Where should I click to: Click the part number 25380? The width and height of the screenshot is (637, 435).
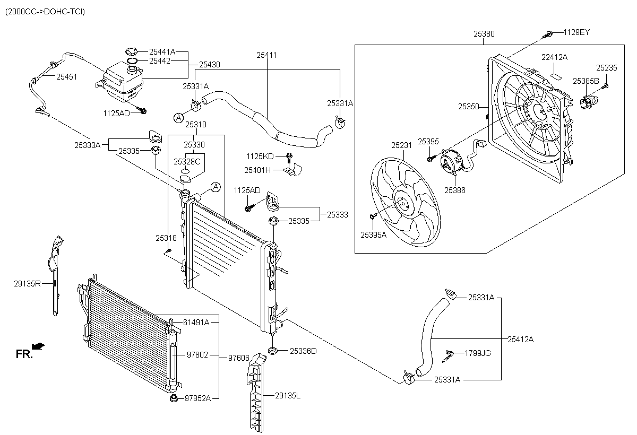pyautogui.click(x=484, y=33)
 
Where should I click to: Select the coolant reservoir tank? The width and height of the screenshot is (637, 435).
pyautogui.click(x=123, y=81)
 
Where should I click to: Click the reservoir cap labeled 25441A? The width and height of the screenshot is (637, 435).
pyautogui.click(x=132, y=51)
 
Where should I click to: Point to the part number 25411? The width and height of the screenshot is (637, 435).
pyautogui.click(x=266, y=55)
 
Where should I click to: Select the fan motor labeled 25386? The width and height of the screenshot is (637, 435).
pyautogui.click(x=452, y=161)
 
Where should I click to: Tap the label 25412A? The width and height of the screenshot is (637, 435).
pyautogui.click(x=521, y=339)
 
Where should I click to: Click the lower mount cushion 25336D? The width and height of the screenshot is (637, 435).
pyautogui.click(x=274, y=351)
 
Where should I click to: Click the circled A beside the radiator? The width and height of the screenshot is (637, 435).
pyautogui.click(x=216, y=186)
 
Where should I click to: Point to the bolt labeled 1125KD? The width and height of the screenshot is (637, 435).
pyautogui.click(x=289, y=156)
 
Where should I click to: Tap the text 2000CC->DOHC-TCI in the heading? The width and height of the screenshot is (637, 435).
pyautogui.click(x=45, y=11)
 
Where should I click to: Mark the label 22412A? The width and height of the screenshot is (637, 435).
pyautogui.click(x=554, y=57)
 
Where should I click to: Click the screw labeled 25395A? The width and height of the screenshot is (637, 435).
pyautogui.click(x=372, y=215)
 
